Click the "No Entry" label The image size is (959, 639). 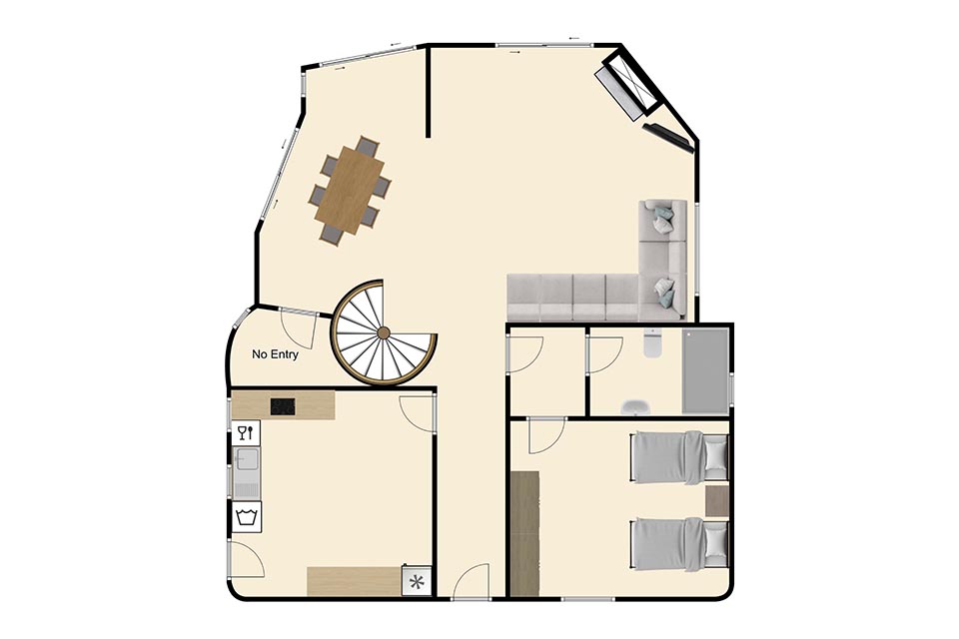coord(275,354)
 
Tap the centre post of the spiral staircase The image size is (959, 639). coord(384,332)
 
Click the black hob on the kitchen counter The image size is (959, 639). coord(283,406)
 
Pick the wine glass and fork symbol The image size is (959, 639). coord(246,433)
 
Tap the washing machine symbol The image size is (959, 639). coord(246,518)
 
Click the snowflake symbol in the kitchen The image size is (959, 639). coord(417,581)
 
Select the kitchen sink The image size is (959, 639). coord(247,472)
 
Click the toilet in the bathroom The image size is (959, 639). coord(653,343)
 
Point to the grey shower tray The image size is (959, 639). coord(706,371)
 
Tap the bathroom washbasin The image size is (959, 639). coord(636,407)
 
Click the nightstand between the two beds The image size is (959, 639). coord(717,500)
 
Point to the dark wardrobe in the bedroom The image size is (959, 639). coord(524,532)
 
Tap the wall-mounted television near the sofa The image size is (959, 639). coord(668,138)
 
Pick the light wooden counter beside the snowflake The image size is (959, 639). coord(355,581)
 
